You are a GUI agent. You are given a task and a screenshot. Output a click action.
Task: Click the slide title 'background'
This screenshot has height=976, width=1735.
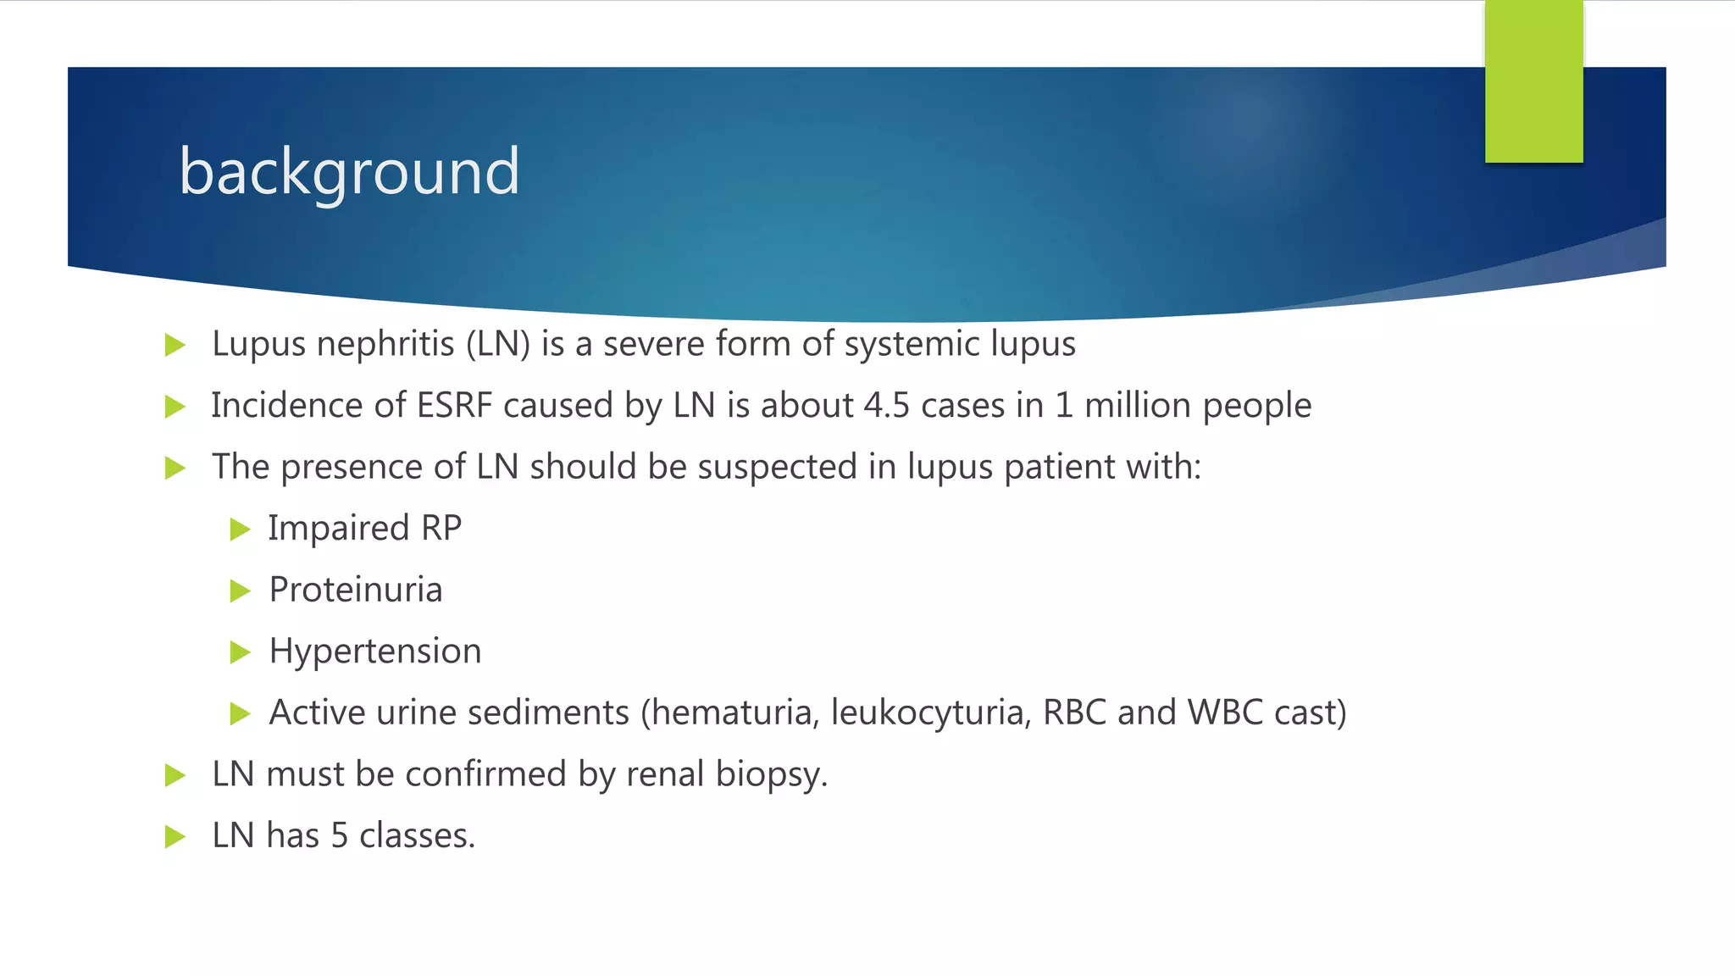pyautogui.click(x=349, y=171)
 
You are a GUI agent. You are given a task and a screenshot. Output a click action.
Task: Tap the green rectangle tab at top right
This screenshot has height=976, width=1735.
pyautogui.click(x=1533, y=81)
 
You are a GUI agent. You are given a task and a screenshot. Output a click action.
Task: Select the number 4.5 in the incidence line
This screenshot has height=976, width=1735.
pyautogui.click(x=886, y=406)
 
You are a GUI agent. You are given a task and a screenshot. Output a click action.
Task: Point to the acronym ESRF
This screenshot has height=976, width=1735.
pyautogui.click(x=455, y=406)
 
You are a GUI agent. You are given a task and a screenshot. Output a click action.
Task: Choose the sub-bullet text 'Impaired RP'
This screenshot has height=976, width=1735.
pyautogui.click(x=365, y=529)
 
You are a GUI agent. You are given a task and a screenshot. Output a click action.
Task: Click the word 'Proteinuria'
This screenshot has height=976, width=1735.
pyautogui.click(x=356, y=591)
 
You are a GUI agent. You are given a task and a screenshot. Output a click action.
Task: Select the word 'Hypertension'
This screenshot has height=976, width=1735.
pyautogui.click(x=375, y=652)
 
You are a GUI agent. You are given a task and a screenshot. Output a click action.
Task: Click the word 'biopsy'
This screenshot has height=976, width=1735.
pyautogui.click(x=768, y=774)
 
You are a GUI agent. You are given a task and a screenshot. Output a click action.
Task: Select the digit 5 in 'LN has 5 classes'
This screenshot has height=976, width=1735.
pyautogui.click(x=340, y=836)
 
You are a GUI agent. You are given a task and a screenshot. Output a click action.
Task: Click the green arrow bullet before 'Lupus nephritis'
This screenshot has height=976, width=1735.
pyautogui.click(x=175, y=345)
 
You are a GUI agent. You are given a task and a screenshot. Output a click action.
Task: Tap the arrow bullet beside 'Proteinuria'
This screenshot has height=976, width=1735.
pyautogui.click(x=241, y=591)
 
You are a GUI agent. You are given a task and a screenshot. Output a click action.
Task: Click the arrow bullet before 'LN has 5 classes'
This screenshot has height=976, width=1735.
pyautogui.click(x=175, y=837)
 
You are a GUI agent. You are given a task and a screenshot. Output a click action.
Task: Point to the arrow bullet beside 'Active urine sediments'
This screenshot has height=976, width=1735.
pyautogui.click(x=241, y=713)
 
